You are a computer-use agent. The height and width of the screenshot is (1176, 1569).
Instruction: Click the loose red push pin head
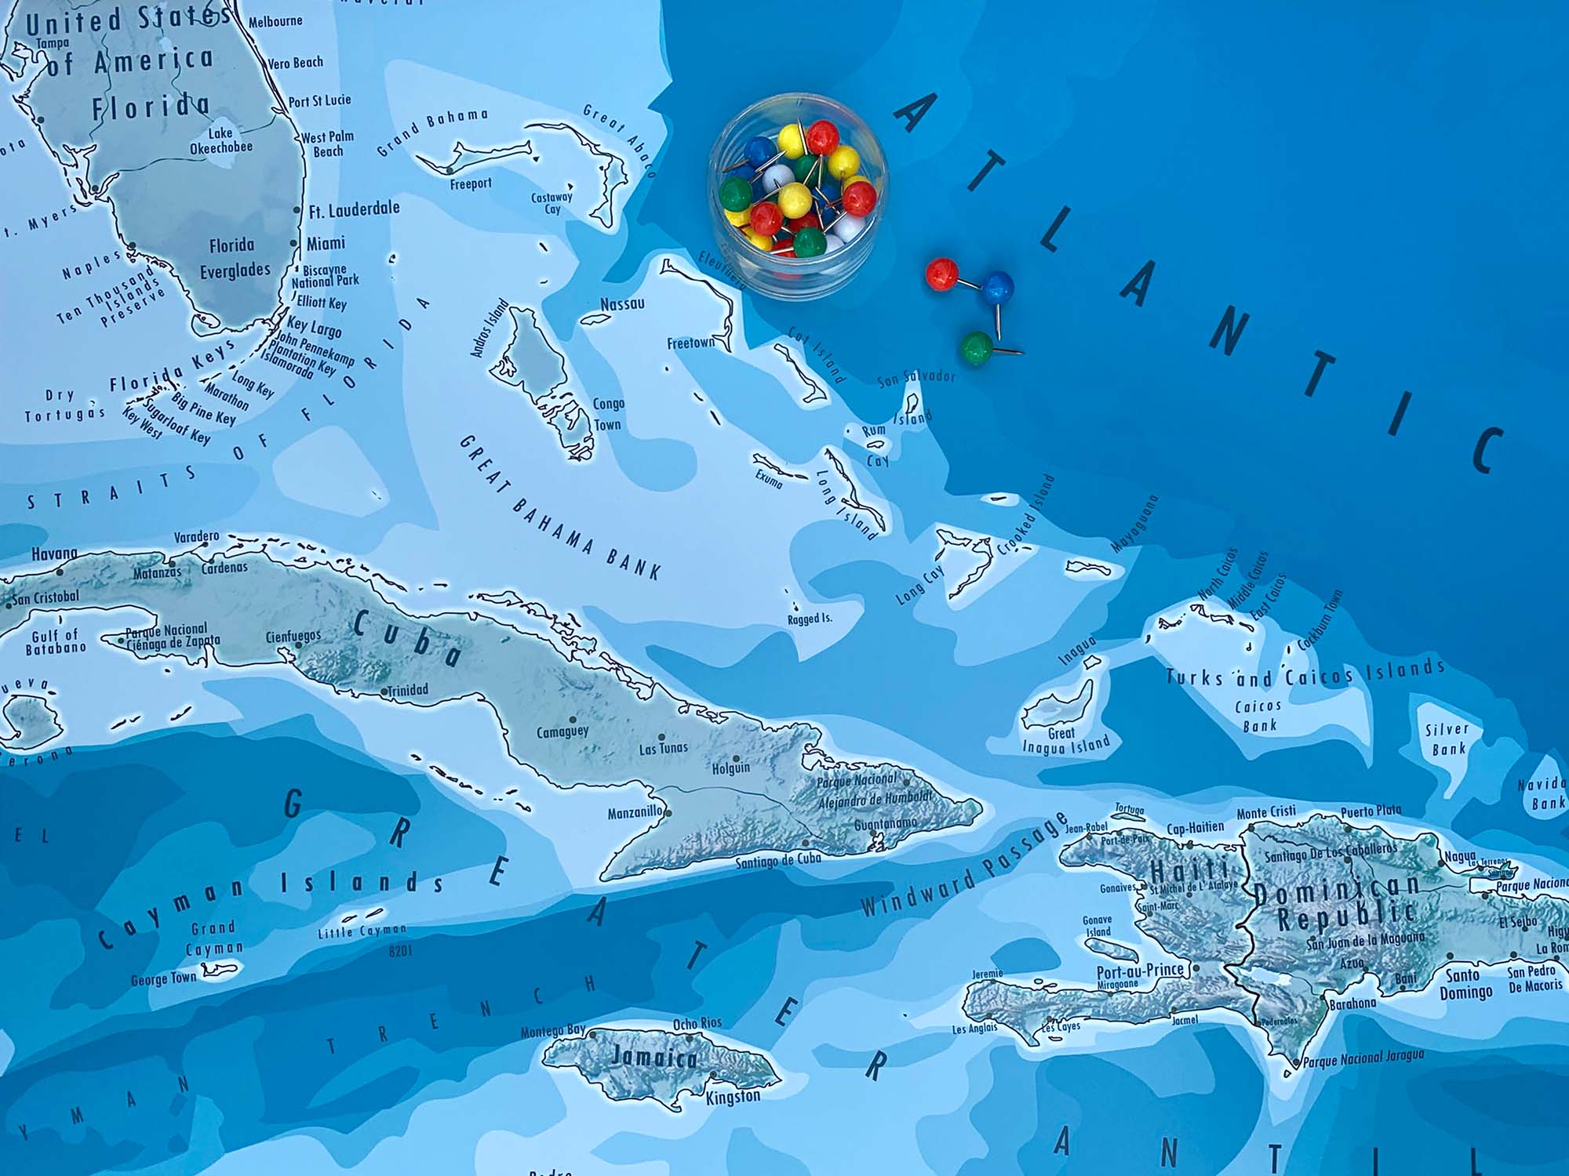coord(941,274)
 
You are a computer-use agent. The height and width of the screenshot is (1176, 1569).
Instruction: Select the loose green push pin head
coord(977,346)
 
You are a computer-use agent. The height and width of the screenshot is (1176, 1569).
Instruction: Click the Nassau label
coord(622,304)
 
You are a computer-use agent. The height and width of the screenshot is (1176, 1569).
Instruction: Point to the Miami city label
coord(326,244)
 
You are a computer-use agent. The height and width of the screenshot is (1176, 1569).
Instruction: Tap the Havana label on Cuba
coord(54,554)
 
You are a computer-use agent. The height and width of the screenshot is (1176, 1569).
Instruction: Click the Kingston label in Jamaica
coord(733,1096)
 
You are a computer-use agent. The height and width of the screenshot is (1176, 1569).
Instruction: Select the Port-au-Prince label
coord(1139,971)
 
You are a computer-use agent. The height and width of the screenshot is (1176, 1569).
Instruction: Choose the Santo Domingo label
coord(1465,984)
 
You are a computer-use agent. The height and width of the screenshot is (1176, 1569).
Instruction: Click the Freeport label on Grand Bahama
coord(471,184)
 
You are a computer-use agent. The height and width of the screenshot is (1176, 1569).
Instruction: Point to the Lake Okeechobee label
coord(221,140)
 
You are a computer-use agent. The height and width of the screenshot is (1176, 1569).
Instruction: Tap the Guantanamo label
coord(885,824)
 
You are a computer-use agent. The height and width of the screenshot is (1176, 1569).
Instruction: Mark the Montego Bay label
coord(553,1032)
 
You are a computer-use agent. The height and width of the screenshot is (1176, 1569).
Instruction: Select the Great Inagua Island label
coord(1065,740)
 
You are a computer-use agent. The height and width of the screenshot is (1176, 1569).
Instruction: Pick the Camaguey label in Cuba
coord(562,732)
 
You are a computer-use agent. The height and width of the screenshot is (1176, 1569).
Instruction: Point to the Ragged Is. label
coord(810,619)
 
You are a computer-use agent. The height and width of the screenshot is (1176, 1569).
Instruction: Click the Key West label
coord(142,422)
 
